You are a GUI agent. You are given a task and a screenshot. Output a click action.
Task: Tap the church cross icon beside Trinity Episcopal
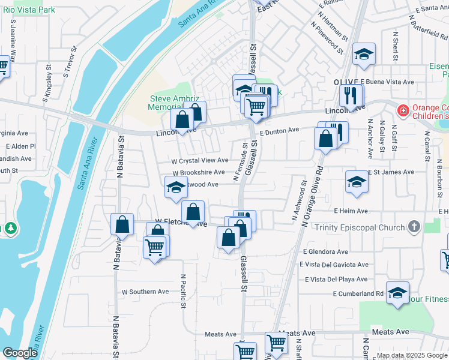tap(413, 227)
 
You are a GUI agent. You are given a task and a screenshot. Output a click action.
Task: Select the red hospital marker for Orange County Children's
tap(402, 110)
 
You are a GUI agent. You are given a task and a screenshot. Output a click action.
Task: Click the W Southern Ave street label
tap(145, 292)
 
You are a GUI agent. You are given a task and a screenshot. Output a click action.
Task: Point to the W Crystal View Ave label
tap(200, 161)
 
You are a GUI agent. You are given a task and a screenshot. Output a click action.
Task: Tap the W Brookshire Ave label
tap(197, 173)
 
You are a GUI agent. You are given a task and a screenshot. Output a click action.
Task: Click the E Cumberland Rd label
tap(358, 293)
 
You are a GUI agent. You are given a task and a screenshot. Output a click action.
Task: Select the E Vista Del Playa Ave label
tap(336, 279)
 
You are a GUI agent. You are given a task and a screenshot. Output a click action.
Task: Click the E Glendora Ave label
tap(325, 252)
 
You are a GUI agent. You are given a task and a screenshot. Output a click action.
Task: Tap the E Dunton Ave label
tap(279, 130)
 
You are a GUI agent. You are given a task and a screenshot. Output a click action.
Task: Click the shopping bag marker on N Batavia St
tap(122, 225)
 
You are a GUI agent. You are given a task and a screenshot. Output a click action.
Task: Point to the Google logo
tap(20, 353)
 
